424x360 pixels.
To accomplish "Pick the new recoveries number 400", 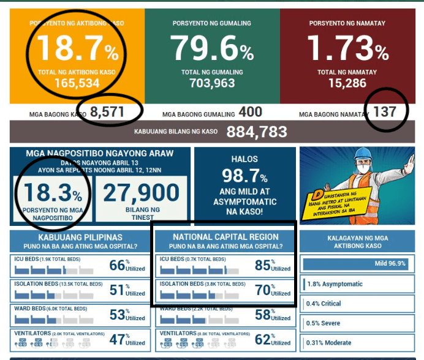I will pyautogui.click(x=250, y=112).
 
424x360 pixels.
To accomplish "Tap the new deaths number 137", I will pyautogui.click(x=385, y=112).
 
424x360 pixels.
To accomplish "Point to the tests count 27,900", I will pyautogui.click(x=141, y=193).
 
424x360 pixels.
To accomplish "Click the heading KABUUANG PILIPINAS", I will pyautogui.click(x=77, y=237).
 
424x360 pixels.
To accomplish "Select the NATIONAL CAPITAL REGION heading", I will pyautogui.click(x=225, y=237).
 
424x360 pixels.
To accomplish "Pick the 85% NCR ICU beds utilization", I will pyautogui.click(x=263, y=265).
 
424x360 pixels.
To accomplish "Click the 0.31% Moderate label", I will pyautogui.click(x=329, y=342).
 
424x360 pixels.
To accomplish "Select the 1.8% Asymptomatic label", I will pyautogui.click(x=335, y=284).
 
